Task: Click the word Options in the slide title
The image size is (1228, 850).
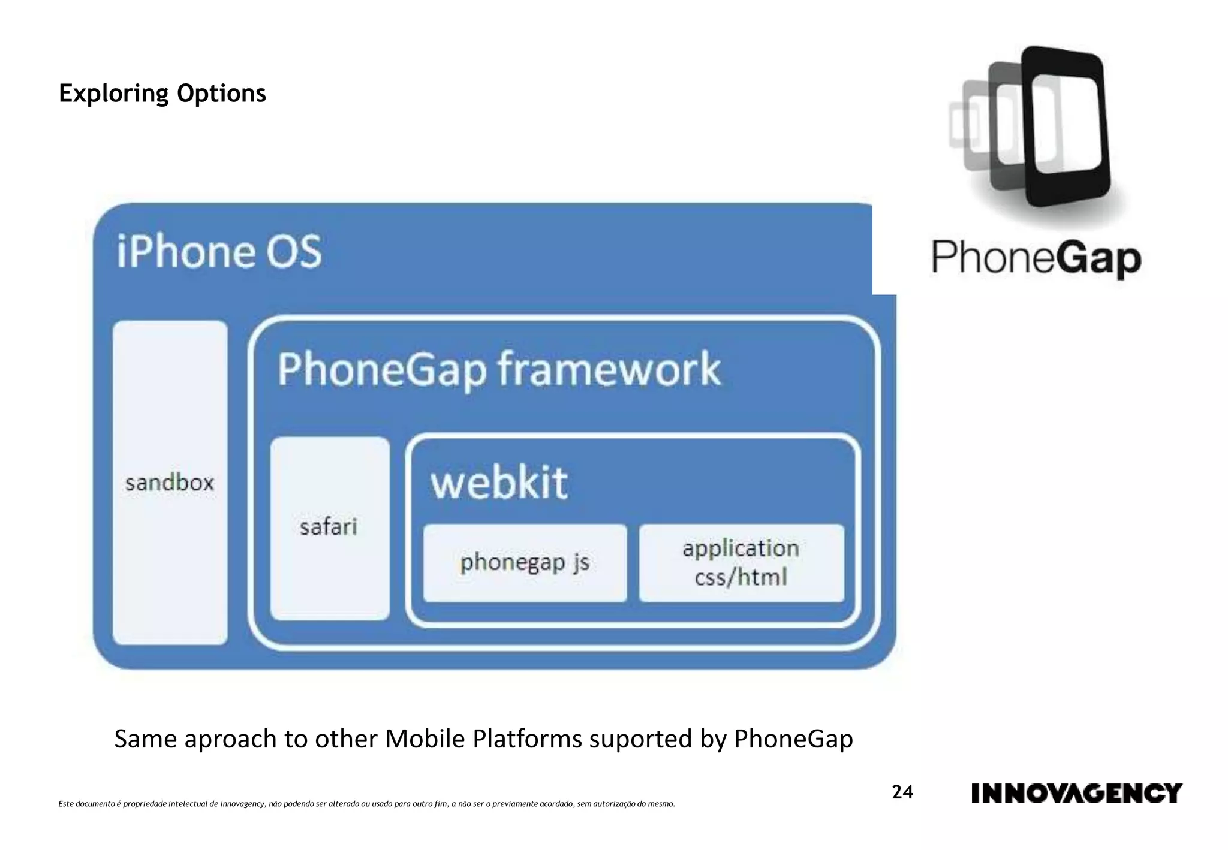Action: click(221, 94)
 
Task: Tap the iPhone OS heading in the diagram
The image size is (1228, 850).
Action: click(219, 252)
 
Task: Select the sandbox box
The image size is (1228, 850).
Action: click(170, 483)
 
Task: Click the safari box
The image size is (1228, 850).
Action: click(329, 528)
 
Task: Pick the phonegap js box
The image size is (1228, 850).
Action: click(525, 563)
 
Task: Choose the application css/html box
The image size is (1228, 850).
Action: click(741, 563)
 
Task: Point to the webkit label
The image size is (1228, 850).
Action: click(499, 483)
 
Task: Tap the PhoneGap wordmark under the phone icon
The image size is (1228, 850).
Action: click(1036, 258)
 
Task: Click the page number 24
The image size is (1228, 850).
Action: click(902, 792)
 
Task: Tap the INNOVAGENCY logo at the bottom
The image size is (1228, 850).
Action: click(1076, 793)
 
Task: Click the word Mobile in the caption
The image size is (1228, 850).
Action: click(425, 739)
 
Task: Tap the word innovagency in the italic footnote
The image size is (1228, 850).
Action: click(243, 804)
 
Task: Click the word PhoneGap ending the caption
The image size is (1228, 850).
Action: click(793, 740)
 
